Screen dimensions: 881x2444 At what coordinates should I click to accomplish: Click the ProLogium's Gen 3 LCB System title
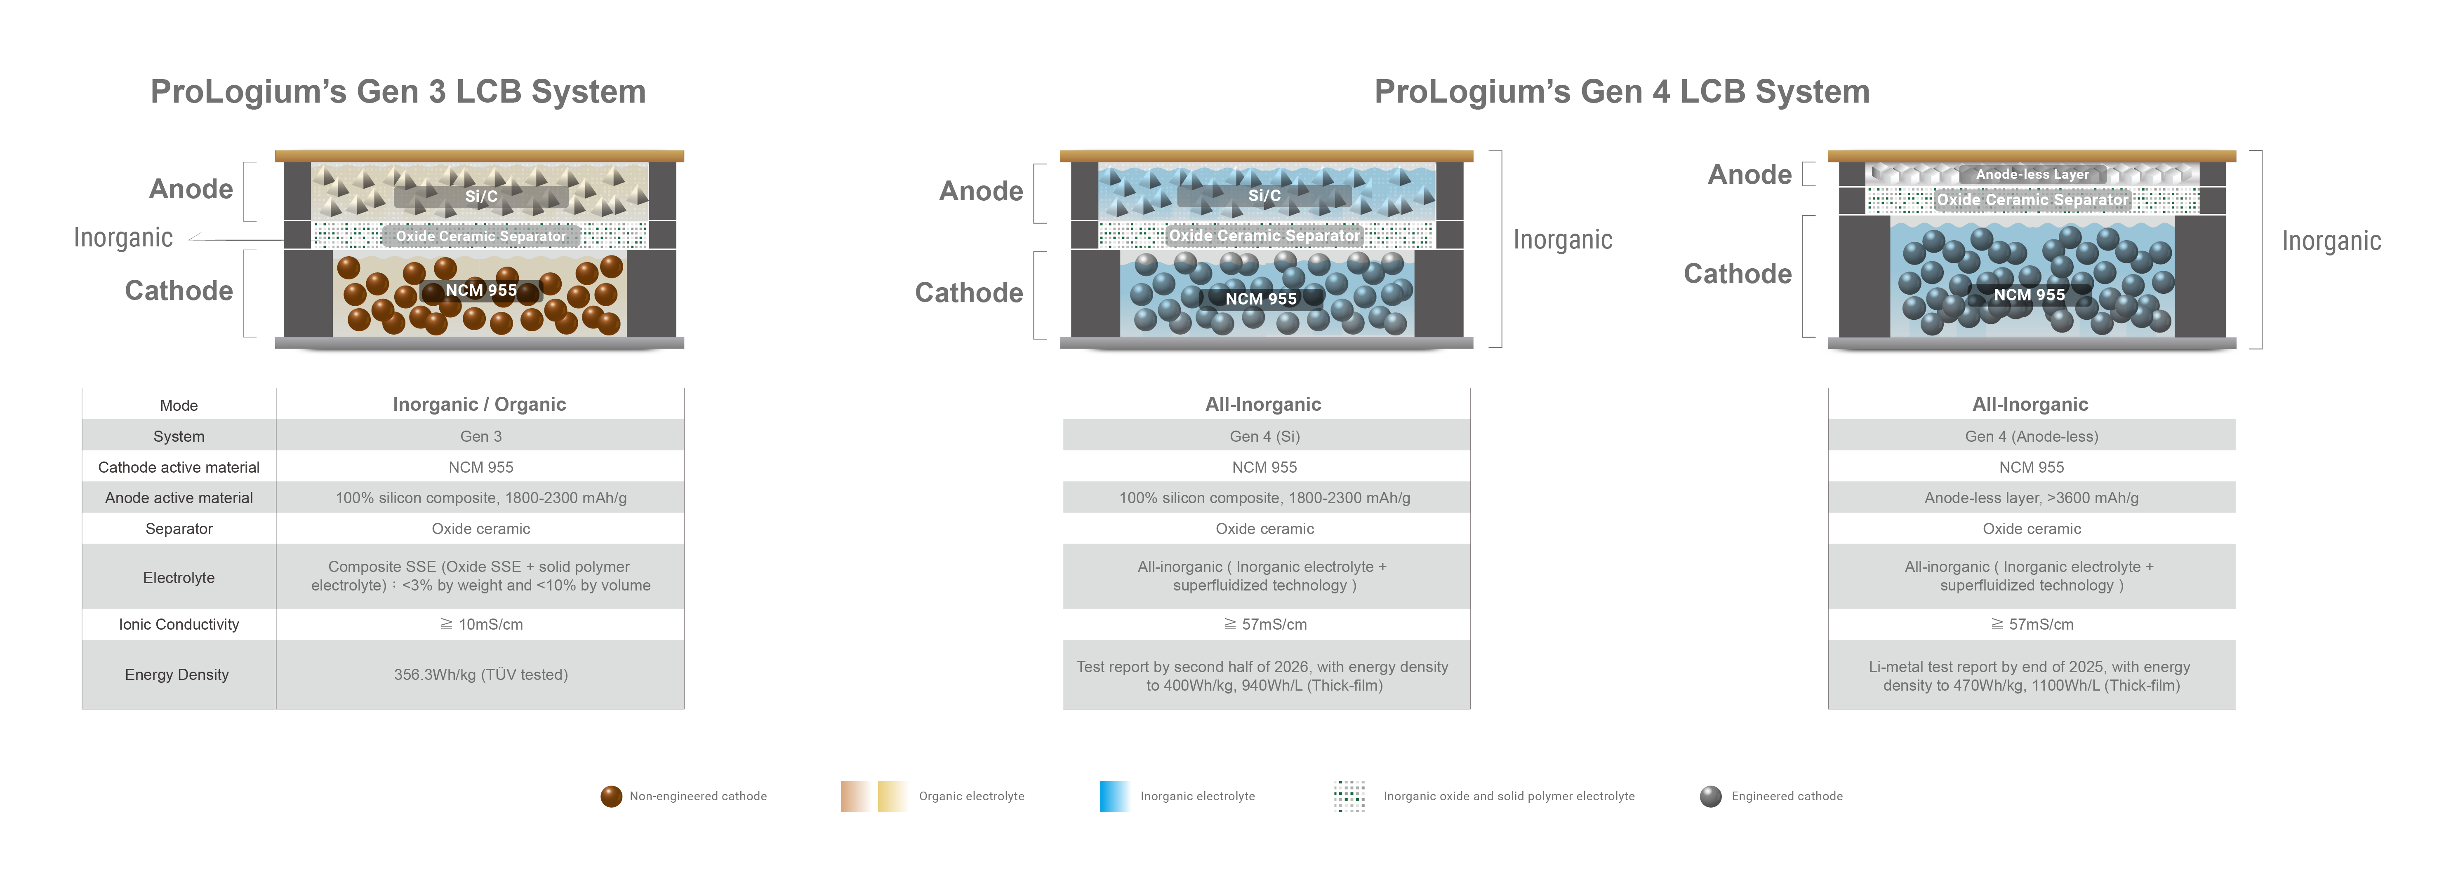[398, 92]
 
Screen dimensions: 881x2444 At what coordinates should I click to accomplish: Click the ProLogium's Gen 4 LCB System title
[1621, 92]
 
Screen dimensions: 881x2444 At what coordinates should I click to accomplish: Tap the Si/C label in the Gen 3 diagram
[481, 196]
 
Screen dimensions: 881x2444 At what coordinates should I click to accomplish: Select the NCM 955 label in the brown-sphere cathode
[481, 290]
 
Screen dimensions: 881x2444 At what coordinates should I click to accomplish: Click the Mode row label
[178, 405]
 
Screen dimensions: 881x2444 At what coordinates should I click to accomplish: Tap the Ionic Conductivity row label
[178, 624]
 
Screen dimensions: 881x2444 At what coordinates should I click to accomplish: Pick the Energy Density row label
[177, 674]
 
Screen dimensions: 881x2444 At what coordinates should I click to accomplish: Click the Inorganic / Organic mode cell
[479, 404]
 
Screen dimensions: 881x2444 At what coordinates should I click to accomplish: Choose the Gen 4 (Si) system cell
[1265, 436]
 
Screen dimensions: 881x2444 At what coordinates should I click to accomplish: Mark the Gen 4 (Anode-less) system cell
[2031, 436]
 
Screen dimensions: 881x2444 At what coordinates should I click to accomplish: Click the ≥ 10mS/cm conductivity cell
[481, 624]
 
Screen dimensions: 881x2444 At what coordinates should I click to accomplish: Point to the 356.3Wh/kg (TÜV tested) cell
[481, 674]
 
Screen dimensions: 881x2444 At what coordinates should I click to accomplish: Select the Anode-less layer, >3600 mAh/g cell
[2031, 498]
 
